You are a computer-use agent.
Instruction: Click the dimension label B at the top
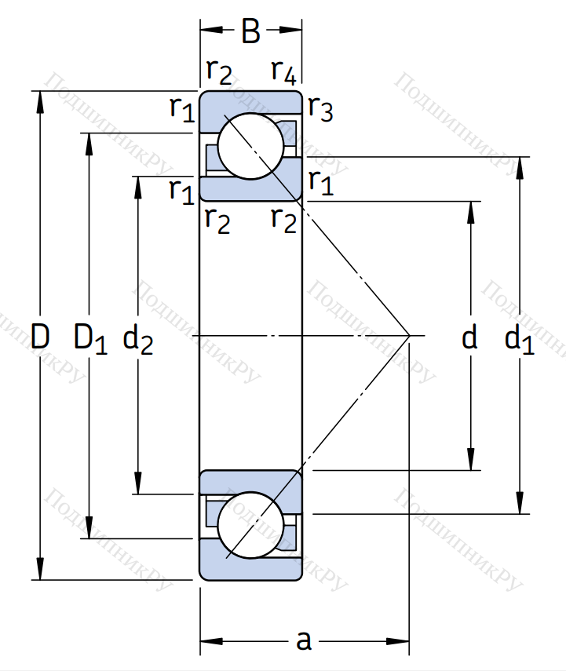(250, 32)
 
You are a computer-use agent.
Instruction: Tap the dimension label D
(40, 337)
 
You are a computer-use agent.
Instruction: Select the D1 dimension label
(89, 337)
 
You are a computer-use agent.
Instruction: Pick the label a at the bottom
(304, 641)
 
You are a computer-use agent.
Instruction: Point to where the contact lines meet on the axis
(410, 336)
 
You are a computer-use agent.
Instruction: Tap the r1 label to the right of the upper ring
(321, 182)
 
